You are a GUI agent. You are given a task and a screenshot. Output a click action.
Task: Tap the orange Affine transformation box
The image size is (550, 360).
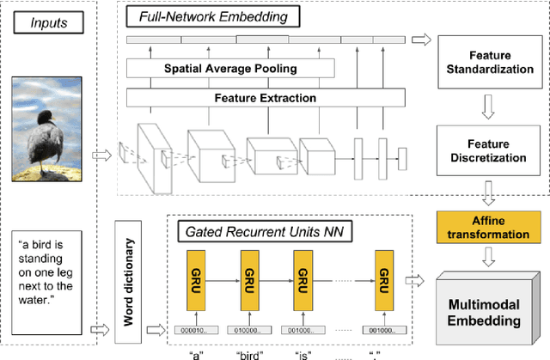487,222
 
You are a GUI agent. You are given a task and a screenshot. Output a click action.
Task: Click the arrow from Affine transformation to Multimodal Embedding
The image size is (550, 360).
487,255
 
